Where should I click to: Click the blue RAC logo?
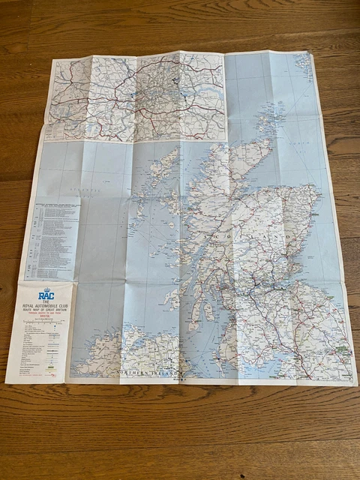[x=46, y=295]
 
